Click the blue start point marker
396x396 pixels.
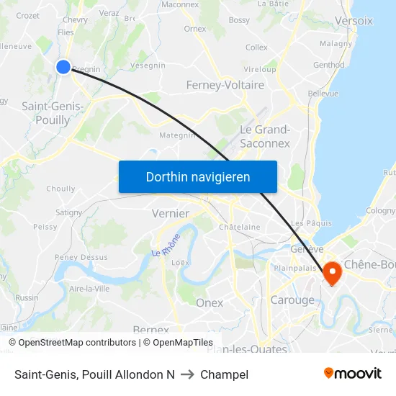63,67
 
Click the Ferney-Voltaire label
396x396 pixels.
225,85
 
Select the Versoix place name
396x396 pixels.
354,21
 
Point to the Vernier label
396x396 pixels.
171,213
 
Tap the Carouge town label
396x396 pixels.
292,300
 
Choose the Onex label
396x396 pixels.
210,303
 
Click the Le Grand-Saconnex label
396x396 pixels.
264,136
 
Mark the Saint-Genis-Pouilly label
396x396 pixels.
53,113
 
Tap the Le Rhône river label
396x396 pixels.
166,248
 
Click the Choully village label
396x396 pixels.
60,189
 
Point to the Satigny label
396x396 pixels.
69,212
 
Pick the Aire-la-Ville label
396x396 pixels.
89,289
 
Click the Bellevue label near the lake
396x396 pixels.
323,94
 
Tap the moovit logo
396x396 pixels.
352,373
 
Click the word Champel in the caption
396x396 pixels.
225,374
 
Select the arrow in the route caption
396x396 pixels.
186,374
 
